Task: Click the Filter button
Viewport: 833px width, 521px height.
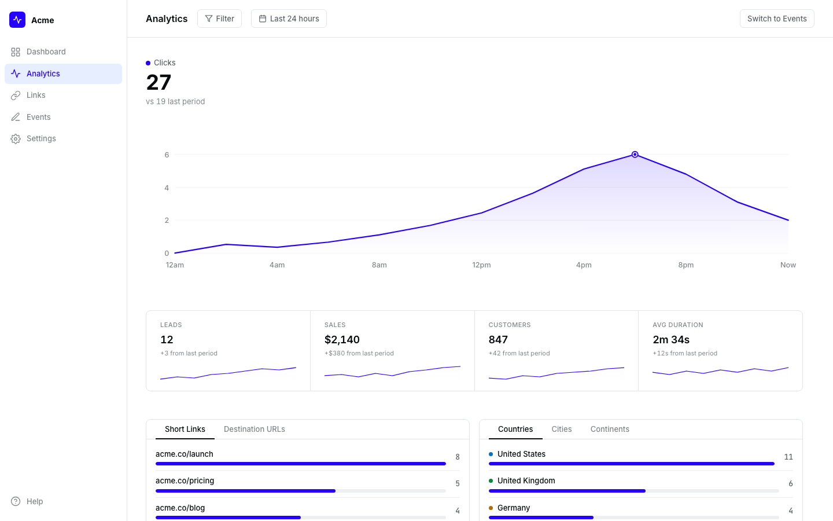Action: coord(219,19)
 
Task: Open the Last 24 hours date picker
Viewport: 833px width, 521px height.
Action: coord(289,19)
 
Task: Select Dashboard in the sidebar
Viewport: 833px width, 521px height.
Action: coord(46,52)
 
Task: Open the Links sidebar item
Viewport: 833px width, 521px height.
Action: coord(36,95)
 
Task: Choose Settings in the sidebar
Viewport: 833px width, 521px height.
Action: coord(41,138)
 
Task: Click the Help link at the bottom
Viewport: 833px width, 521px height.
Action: coord(35,501)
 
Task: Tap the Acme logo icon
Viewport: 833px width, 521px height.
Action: coord(17,20)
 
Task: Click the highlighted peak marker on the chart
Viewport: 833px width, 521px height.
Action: coord(635,155)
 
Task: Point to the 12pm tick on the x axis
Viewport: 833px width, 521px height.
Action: coord(481,265)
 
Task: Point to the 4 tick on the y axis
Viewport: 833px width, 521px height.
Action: coord(167,188)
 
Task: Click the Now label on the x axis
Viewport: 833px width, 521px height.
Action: coord(788,265)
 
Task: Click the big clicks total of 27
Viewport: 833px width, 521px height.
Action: coord(159,82)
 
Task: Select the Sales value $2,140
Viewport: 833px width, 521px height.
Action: coord(342,340)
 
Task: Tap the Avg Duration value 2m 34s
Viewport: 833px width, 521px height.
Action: coord(671,340)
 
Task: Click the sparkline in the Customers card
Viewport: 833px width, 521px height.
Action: coord(556,373)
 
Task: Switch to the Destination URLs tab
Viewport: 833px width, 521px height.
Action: coord(254,429)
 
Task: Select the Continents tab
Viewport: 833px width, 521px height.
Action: coord(610,429)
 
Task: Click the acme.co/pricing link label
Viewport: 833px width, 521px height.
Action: coord(185,480)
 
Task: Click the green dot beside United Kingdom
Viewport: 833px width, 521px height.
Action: coord(491,481)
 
